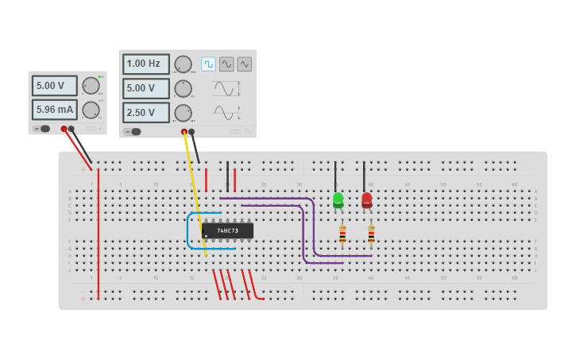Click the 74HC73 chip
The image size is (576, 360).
click(x=228, y=230)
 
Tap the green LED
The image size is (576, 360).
click(x=338, y=199)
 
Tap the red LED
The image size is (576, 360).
click(x=366, y=199)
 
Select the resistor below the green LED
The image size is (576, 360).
click(x=342, y=234)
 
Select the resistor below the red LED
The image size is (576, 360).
click(x=371, y=234)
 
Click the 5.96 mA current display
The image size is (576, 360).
click(x=55, y=109)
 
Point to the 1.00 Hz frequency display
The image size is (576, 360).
click(x=146, y=64)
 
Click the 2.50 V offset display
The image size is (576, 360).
click(x=146, y=112)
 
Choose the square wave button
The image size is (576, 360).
click(x=208, y=64)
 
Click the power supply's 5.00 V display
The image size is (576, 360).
click(x=55, y=85)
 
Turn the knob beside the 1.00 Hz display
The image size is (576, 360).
click(x=184, y=64)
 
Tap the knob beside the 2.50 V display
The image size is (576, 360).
click(x=184, y=113)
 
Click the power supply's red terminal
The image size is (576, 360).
click(x=64, y=129)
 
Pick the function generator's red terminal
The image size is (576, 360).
click(x=184, y=131)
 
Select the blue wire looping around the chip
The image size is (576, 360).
click(x=188, y=230)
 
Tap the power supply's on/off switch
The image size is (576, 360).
click(x=42, y=129)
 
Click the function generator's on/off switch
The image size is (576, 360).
click(x=133, y=132)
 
